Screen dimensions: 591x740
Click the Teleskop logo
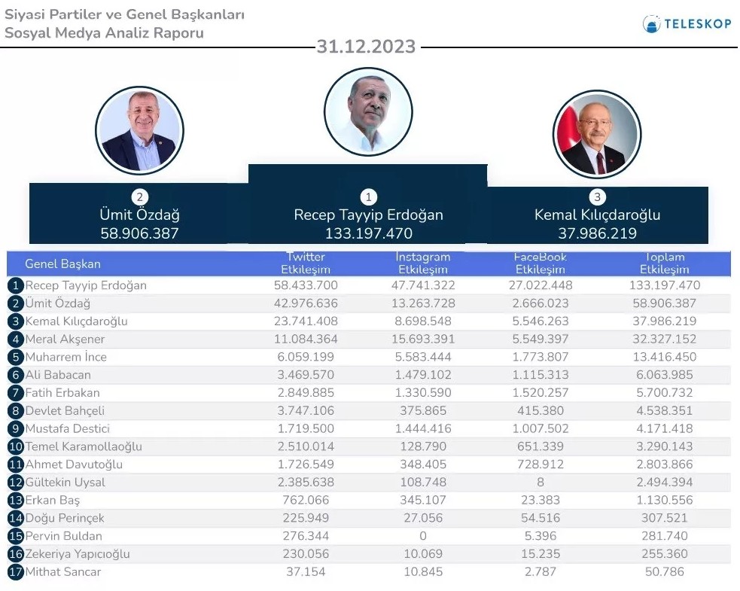click(686, 23)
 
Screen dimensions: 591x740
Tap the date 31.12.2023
click(366, 47)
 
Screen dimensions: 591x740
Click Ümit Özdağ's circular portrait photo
click(139, 129)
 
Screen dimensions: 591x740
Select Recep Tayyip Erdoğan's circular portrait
click(368, 111)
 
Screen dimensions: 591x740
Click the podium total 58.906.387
click(139, 233)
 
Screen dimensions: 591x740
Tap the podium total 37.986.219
click(597, 233)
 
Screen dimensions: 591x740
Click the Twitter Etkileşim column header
click(306, 264)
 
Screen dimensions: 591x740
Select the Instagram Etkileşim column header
click(422, 264)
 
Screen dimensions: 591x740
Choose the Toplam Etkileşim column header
click(664, 264)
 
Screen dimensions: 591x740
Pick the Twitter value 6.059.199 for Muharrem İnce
click(306, 357)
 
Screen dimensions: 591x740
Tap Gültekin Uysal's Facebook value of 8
click(540, 483)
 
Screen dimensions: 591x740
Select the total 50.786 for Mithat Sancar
click(664, 572)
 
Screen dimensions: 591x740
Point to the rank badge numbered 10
click(16, 447)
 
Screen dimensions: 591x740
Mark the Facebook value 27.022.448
click(540, 285)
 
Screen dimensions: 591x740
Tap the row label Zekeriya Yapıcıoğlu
click(78, 554)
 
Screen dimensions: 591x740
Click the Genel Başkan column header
click(62, 264)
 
